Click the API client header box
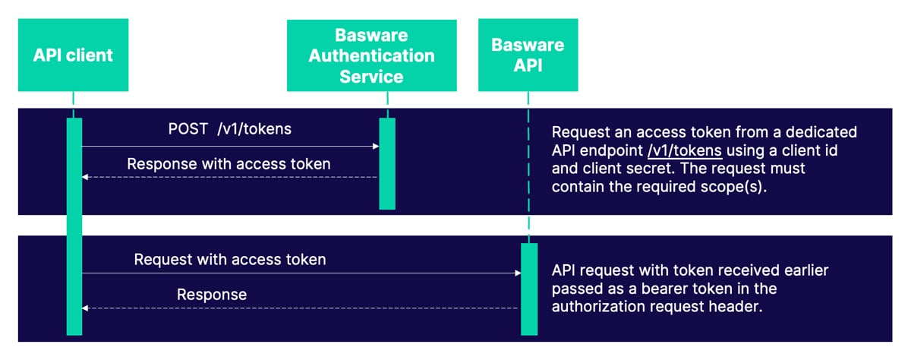point(73,55)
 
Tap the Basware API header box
point(528,55)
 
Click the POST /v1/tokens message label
point(229,128)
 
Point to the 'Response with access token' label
point(229,163)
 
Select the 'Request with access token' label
point(229,259)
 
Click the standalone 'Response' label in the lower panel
point(212,294)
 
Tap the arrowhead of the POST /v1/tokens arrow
point(375,146)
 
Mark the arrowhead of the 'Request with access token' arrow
point(517,273)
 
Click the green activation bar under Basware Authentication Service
point(387,163)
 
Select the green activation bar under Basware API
point(528,289)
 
